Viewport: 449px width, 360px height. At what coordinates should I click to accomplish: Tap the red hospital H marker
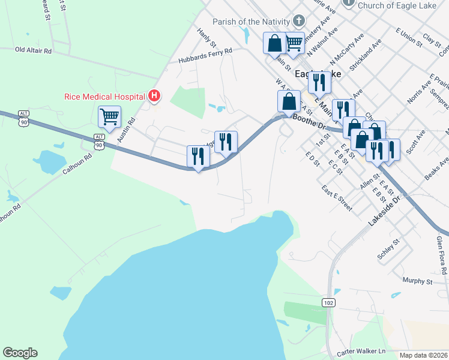pos(154,95)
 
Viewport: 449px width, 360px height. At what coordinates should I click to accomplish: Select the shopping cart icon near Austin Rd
pos(109,117)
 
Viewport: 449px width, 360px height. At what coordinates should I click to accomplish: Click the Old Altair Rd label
pos(34,50)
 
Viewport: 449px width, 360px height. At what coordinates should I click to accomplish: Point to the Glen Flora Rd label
pos(442,255)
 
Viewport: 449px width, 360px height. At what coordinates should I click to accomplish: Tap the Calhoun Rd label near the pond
pos(77,163)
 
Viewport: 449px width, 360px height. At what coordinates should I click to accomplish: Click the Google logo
pos(20,353)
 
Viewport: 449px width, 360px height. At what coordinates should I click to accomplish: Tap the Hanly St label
pos(206,38)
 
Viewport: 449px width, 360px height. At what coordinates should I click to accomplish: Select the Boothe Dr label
pos(309,122)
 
